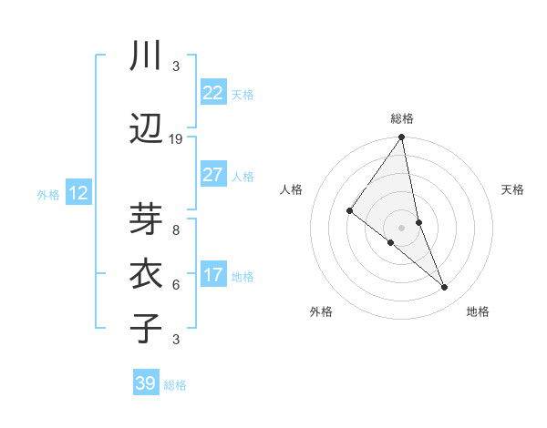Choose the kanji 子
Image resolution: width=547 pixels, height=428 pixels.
tap(146, 328)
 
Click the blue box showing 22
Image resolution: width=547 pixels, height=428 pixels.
tap(212, 92)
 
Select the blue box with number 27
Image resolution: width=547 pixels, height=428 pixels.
tap(212, 175)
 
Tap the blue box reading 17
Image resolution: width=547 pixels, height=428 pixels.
tap(212, 275)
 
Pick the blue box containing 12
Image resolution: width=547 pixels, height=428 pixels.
tap(78, 193)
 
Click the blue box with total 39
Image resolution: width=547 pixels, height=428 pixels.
tap(146, 383)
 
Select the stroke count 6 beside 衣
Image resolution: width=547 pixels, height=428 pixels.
tap(176, 285)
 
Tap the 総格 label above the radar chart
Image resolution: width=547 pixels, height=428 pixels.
tap(402, 118)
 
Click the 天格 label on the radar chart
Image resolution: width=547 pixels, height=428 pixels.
tap(512, 189)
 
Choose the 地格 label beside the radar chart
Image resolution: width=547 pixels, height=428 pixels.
tap(478, 311)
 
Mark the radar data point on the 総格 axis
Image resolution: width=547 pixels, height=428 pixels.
tap(402, 138)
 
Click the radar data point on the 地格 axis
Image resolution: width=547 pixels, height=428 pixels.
tap(445, 287)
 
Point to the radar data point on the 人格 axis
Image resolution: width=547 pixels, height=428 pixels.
tap(349, 210)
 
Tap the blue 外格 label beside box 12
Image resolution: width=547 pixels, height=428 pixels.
tap(48, 194)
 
